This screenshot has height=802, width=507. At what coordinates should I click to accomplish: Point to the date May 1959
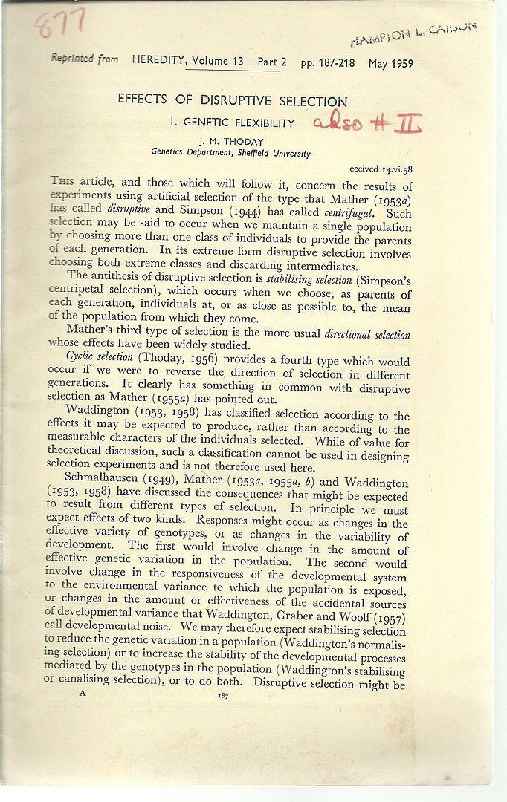click(390, 63)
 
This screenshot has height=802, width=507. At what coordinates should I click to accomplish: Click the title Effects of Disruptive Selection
click(233, 102)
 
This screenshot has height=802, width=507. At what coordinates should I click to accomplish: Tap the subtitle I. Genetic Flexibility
click(233, 123)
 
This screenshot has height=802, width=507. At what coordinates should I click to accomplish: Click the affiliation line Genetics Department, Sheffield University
click(230, 153)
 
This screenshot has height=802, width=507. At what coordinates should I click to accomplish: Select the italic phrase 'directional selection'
click(367, 334)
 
